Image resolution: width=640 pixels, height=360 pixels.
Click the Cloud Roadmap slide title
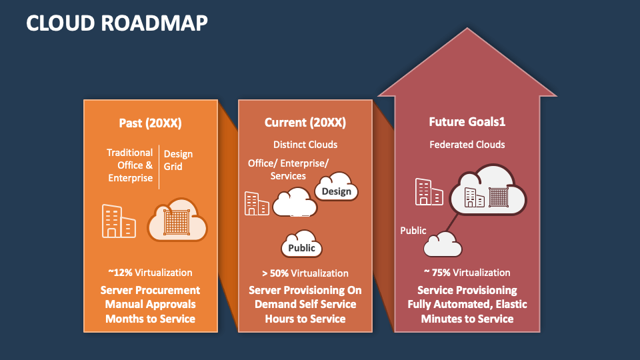tap(117, 23)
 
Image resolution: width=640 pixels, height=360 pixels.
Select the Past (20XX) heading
tap(150, 123)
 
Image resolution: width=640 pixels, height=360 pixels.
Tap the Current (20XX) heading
tap(305, 123)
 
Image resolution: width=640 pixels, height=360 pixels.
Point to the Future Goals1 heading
tap(467, 123)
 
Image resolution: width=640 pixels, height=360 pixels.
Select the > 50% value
tap(275, 273)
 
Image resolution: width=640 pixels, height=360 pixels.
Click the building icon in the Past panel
tap(119, 221)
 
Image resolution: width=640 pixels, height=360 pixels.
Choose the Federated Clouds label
tap(467, 144)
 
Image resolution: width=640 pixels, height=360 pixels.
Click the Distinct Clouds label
tap(305, 144)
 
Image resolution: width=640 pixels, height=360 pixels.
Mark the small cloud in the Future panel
tap(443, 245)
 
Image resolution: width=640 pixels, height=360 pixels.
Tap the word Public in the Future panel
tap(413, 231)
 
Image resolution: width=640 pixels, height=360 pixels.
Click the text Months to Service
tap(150, 319)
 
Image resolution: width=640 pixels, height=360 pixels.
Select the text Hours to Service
tap(305, 319)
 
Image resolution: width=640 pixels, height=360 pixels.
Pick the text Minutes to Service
tap(467, 319)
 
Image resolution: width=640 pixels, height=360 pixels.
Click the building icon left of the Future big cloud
tap(429, 192)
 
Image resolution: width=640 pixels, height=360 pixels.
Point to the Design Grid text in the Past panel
tap(178, 160)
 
